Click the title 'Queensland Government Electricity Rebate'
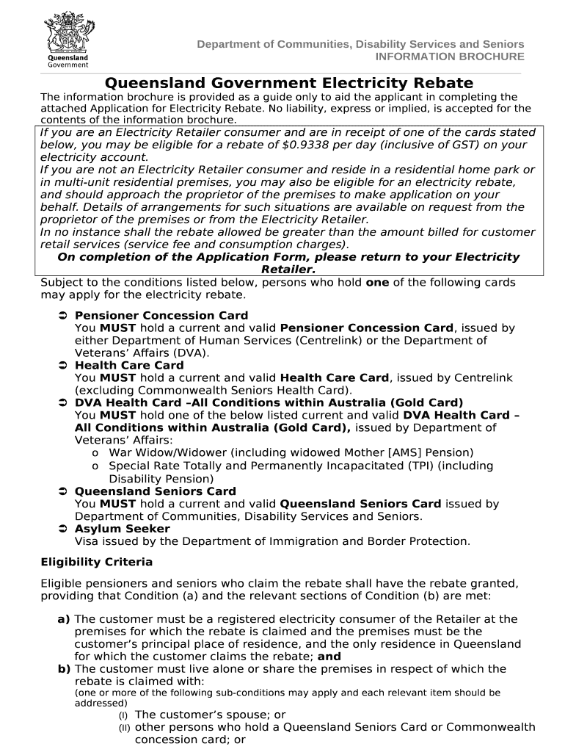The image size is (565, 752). pos(288,83)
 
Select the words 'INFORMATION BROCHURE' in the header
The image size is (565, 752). pos(450,57)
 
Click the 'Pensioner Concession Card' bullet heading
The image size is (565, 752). pos(161,315)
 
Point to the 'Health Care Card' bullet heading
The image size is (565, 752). pos(129,365)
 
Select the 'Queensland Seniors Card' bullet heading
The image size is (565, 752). pos(155,491)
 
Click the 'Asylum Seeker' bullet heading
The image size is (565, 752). pos(122,529)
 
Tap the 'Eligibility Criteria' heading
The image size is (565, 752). pos(96,562)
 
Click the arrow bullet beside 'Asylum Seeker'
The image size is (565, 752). pos(62,529)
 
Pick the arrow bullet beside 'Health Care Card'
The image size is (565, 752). pos(62,365)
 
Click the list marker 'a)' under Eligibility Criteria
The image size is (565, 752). pos(64,619)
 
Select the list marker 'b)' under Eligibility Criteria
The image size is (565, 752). pos(64,669)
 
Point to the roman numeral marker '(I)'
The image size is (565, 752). pos(124,715)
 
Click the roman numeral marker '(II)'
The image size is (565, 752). pos(124,728)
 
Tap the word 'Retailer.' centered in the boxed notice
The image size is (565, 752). pos(288,270)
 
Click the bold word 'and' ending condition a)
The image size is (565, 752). pos(329,657)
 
